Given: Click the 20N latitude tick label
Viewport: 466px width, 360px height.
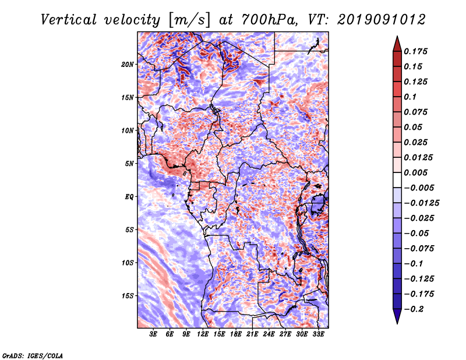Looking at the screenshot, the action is pyautogui.click(x=128, y=65).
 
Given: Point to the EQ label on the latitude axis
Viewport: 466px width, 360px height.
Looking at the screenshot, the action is pyautogui.click(x=129, y=197).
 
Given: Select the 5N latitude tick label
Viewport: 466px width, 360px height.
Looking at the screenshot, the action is pyautogui.click(x=129, y=164).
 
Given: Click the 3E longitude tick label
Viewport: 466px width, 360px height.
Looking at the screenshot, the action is pyautogui.click(x=153, y=334).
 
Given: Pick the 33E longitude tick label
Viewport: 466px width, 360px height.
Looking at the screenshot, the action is pyautogui.click(x=318, y=334).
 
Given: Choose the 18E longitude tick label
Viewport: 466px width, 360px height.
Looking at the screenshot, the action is pyautogui.click(x=236, y=334).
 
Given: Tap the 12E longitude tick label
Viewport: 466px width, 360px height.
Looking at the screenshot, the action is pyautogui.click(x=203, y=334).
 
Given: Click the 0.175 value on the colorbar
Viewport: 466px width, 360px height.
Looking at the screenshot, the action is pyautogui.click(x=415, y=51).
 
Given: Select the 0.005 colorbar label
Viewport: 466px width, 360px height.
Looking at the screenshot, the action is pyautogui.click(x=415, y=172).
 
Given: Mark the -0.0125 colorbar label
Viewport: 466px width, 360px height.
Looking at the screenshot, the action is pyautogui.click(x=421, y=203).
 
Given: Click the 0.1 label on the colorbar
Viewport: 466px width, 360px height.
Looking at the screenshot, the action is pyautogui.click(x=410, y=97).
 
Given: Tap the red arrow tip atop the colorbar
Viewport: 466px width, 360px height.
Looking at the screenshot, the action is pyautogui.click(x=397, y=37).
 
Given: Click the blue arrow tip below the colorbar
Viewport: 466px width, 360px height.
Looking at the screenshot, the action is pyautogui.click(x=397, y=323).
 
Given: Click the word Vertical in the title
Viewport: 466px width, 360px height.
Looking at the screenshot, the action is pyautogui.click(x=69, y=20).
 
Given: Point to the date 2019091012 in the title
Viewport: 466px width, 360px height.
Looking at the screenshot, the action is pyautogui.click(x=382, y=20).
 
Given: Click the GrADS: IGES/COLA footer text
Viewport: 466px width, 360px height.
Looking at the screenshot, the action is pyautogui.click(x=33, y=355).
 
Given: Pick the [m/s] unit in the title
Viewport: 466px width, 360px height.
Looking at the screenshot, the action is pyautogui.click(x=189, y=20).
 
